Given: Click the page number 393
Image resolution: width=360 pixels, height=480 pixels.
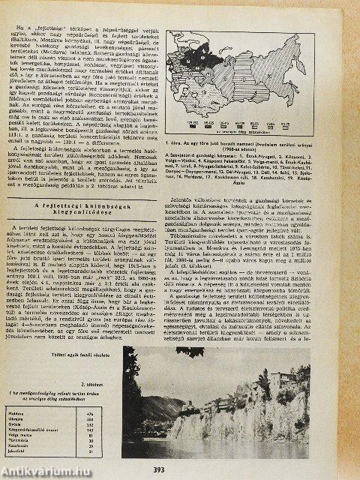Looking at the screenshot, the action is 179,470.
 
